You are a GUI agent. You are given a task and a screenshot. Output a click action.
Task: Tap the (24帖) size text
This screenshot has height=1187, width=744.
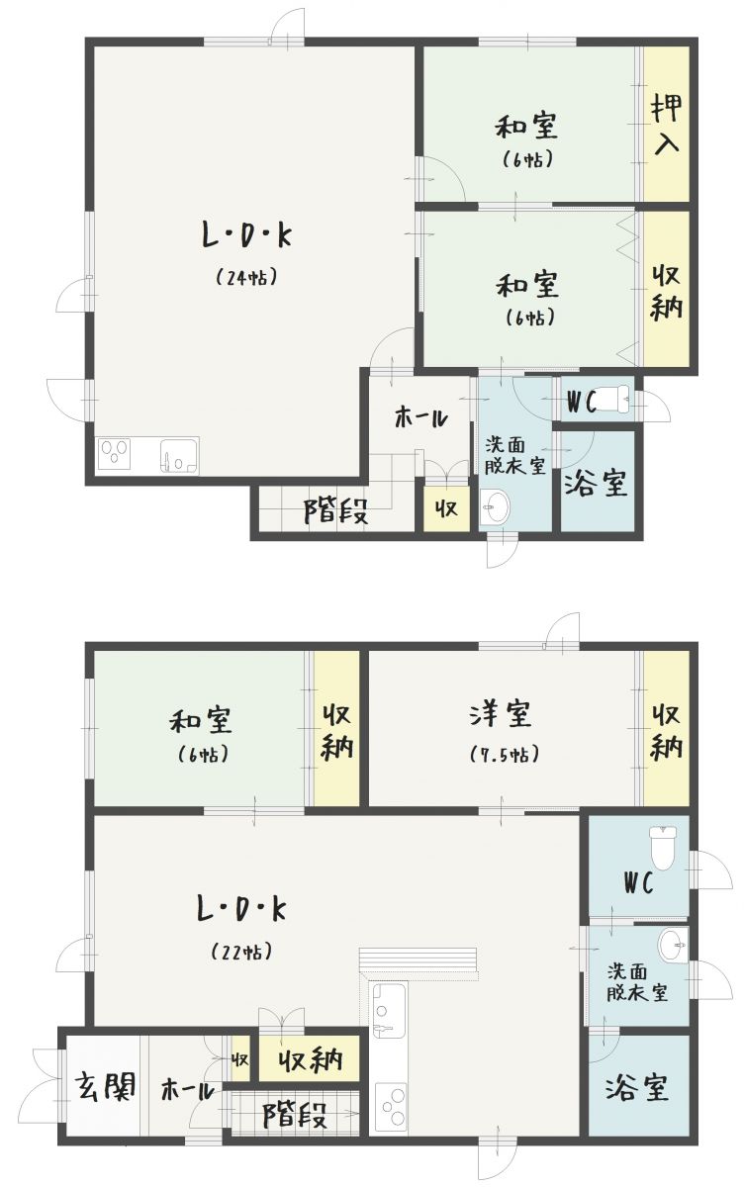coord(246,277)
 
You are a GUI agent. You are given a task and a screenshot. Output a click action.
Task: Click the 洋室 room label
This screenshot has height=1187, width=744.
coord(501,713)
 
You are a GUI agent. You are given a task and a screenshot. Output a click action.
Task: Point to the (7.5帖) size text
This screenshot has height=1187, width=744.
coord(505,754)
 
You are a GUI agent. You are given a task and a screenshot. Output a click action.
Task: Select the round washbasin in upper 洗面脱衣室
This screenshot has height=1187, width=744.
coord(495,507)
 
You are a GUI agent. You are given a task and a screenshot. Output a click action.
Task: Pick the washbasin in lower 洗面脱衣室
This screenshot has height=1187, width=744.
coord(673,945)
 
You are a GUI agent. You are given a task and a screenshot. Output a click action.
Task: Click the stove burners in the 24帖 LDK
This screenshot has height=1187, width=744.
coord(115,454)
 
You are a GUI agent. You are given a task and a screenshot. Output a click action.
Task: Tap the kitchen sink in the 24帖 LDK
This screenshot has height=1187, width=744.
coord(179,455)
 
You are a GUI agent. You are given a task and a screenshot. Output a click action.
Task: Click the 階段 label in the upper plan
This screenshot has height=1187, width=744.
coord(336,511)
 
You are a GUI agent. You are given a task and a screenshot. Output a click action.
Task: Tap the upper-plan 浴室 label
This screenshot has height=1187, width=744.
coord(596,483)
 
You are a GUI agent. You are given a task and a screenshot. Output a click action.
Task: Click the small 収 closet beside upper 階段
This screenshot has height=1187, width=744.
coord(447,509)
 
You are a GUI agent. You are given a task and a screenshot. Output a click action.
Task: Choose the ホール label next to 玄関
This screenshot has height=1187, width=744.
coord(187,1090)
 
